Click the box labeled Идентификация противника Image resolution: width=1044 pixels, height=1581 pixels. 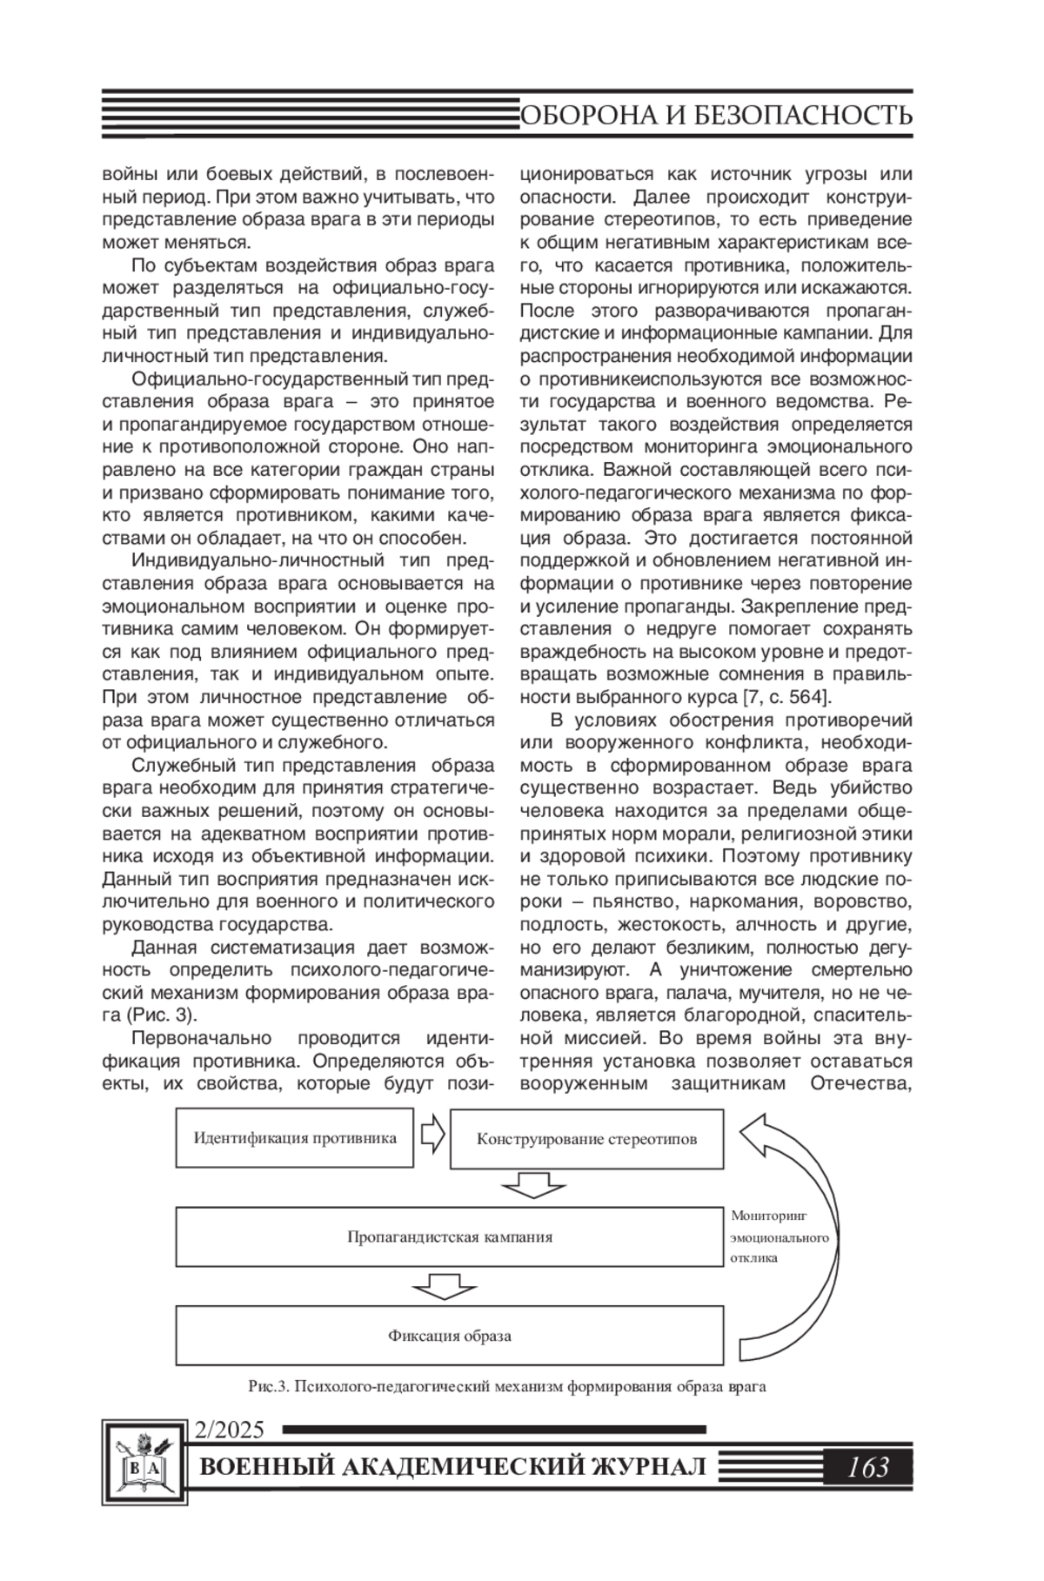(x=294, y=1137)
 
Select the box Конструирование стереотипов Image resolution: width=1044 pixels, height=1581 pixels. (x=586, y=1139)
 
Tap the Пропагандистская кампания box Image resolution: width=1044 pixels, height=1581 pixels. (x=449, y=1237)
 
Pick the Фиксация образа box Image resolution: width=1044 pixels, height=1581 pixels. (x=449, y=1336)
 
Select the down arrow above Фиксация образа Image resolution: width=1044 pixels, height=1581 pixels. (x=446, y=1285)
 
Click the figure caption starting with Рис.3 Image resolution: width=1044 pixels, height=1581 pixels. (x=506, y=1387)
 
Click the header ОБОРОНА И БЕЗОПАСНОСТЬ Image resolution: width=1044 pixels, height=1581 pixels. (x=716, y=115)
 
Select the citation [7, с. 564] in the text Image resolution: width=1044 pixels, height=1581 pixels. (x=786, y=697)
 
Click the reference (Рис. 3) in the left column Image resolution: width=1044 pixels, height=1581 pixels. (x=161, y=1015)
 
